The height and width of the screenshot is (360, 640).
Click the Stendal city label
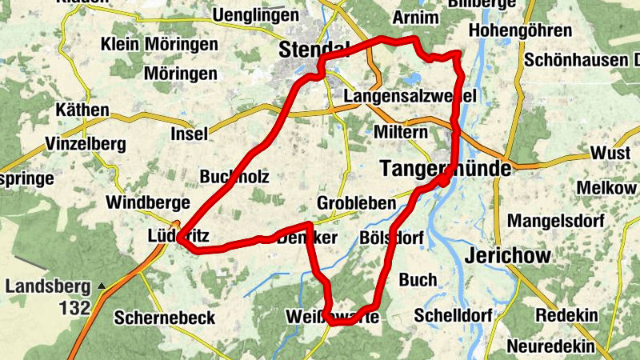tap(314, 50)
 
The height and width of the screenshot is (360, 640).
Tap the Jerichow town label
tap(508, 257)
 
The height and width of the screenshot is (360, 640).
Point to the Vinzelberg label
tap(86, 145)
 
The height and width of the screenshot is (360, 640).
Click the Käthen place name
tap(82, 110)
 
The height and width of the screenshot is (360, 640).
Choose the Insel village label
tap(189, 134)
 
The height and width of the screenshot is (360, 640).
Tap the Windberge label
tap(147, 202)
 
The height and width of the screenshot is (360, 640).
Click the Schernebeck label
tap(164, 318)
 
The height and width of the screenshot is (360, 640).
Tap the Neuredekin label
tap(551, 346)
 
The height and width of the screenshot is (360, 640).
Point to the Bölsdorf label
tap(392, 238)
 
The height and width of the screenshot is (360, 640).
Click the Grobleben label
tap(357, 202)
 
